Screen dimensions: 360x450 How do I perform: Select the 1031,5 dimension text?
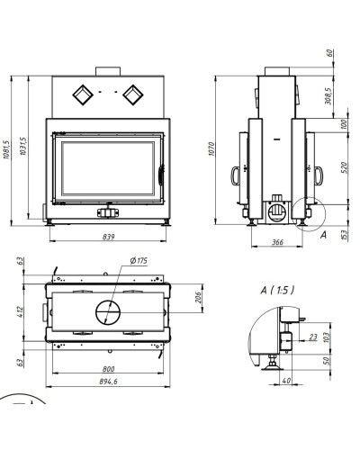click(23, 146)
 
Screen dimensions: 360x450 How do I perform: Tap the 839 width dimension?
click(108, 237)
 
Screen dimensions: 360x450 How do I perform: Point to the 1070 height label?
click(211, 148)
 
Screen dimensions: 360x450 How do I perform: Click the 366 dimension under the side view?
click(277, 242)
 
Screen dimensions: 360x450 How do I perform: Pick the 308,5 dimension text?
click(328, 96)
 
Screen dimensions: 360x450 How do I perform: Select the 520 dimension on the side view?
click(344, 167)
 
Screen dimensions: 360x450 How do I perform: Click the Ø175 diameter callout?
click(139, 261)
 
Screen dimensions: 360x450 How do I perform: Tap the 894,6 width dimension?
click(108, 382)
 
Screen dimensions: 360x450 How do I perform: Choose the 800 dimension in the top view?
click(108, 369)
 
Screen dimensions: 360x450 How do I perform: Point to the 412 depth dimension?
click(20, 311)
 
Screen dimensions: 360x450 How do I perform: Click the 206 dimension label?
click(199, 297)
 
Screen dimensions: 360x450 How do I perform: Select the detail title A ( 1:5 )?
click(277, 290)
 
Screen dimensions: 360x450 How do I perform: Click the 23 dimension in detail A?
click(313, 337)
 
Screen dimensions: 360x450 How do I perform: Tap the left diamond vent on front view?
click(83, 95)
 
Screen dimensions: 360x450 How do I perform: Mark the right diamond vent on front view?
click(133, 95)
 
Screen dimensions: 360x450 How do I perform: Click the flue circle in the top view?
click(108, 312)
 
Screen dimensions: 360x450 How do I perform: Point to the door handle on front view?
click(161, 175)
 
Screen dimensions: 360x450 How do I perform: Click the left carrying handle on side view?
click(235, 175)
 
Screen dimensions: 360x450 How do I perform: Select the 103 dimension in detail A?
click(327, 337)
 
